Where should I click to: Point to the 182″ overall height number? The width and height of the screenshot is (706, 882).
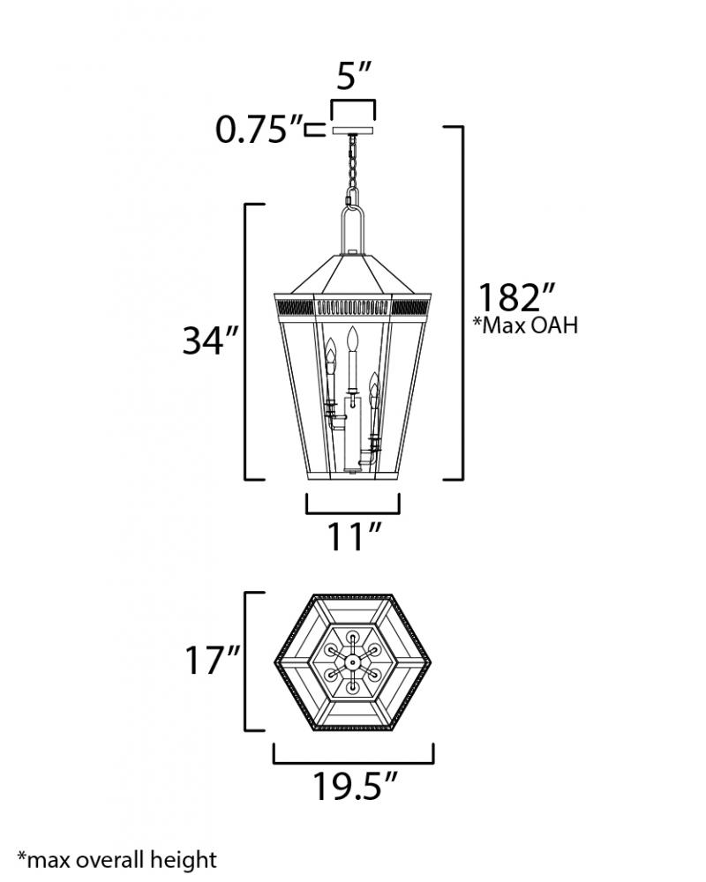pyautogui.click(x=517, y=297)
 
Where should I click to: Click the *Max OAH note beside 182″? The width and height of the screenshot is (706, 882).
pyautogui.click(x=526, y=325)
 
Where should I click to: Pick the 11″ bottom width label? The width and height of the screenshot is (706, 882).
pyautogui.click(x=354, y=536)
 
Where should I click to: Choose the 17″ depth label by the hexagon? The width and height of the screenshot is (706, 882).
pyautogui.click(x=213, y=660)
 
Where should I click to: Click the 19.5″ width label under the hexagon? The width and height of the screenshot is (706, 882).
pyautogui.click(x=356, y=786)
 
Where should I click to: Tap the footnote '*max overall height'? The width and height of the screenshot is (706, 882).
pyautogui.click(x=117, y=859)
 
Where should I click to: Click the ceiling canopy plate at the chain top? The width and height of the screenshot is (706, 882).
pyautogui.click(x=353, y=130)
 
